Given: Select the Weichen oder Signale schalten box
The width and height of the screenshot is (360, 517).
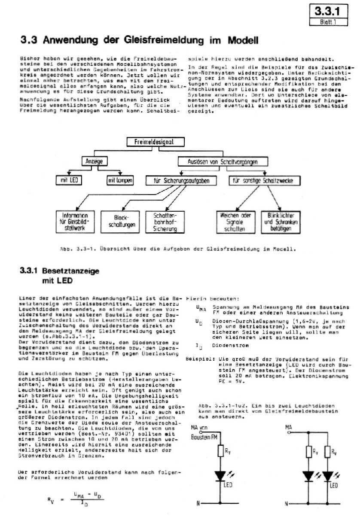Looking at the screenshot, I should (235, 222).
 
